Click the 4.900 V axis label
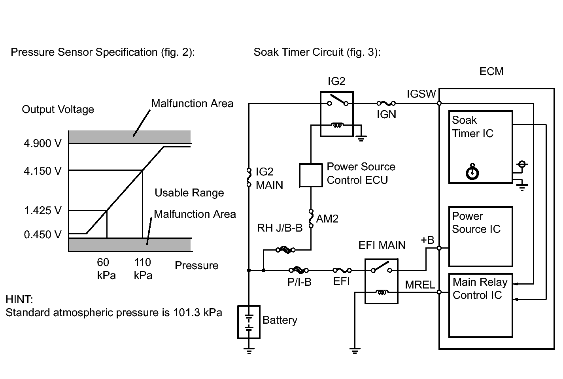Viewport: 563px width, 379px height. tap(43, 143)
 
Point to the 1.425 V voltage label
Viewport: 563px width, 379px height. tap(43, 211)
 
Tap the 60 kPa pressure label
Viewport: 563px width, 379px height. tap(106, 269)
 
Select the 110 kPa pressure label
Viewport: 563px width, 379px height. tap(143, 269)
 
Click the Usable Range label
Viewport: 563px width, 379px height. tap(189, 193)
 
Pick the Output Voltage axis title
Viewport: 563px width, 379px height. tap(58, 109)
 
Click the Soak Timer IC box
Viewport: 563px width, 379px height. tap(480, 147)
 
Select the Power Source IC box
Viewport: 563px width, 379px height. tap(480, 237)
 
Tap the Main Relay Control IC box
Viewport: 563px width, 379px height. tap(480, 305)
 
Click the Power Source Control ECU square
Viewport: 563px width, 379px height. tap(311, 175)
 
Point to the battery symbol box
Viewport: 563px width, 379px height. tap(249, 322)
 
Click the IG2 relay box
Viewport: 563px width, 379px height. tap(337, 114)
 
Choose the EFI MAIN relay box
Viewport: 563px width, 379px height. tap(381, 281)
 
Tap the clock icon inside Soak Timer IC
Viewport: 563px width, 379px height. tap(472, 172)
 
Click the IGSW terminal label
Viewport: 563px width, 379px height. tap(421, 94)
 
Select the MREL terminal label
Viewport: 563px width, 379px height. tap(420, 285)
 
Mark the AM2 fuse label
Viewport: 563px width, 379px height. tap(327, 219)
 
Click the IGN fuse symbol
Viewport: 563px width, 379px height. tap(386, 103)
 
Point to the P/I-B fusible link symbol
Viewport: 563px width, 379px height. tap(299, 270)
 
